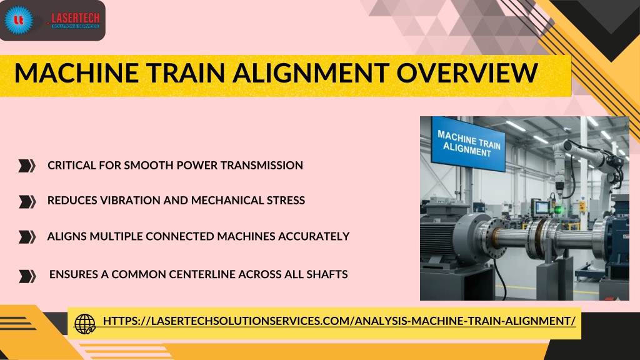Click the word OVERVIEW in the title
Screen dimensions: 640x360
click(467, 72)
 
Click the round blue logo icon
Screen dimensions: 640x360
click(18, 19)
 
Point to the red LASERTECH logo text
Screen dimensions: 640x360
click(76, 18)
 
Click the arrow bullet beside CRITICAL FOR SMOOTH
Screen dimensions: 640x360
click(27, 165)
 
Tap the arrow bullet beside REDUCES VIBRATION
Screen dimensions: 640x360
click(27, 201)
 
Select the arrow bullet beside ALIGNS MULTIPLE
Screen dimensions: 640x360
click(27, 237)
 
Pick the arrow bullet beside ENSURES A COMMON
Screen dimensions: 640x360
click(27, 276)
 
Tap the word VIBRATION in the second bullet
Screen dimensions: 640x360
click(130, 201)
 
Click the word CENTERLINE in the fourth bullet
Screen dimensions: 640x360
click(202, 274)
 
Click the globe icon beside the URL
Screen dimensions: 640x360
click(84, 324)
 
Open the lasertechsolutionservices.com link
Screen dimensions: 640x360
click(339, 321)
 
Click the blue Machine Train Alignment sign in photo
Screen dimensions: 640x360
click(468, 143)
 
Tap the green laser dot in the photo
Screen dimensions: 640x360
click(557, 210)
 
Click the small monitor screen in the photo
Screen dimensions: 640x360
click(542, 207)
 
